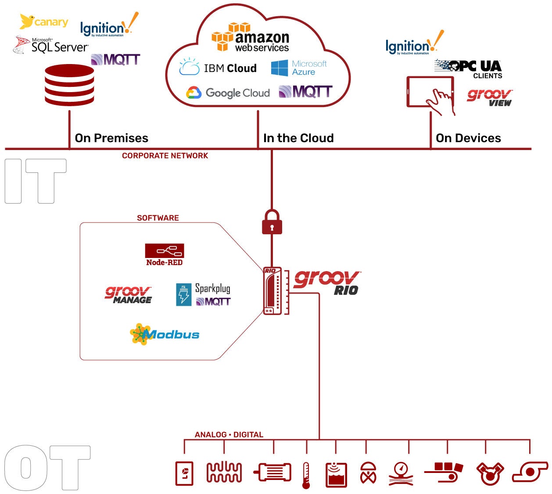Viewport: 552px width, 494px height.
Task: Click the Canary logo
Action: [x=44, y=21]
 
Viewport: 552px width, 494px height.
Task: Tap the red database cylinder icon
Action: [x=69, y=85]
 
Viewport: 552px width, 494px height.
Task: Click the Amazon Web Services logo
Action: [x=251, y=38]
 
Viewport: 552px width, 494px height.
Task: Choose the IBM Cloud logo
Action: [x=218, y=68]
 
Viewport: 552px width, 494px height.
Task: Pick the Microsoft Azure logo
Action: [x=299, y=68]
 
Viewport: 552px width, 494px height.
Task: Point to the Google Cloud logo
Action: [x=228, y=93]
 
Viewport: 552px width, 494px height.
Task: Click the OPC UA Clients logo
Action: [x=469, y=68]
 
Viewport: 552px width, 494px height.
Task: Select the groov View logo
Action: [x=490, y=97]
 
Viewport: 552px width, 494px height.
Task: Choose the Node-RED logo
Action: [x=165, y=255]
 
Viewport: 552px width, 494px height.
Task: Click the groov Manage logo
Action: [x=128, y=295]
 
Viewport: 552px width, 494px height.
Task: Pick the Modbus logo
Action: [x=165, y=334]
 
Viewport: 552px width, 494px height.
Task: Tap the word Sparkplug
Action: [x=212, y=288]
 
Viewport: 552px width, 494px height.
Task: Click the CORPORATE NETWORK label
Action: [x=165, y=156]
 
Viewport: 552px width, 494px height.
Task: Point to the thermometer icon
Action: [x=306, y=475]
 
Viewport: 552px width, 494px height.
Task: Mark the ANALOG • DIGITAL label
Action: [x=229, y=434]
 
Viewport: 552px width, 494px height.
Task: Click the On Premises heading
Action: [x=111, y=138]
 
